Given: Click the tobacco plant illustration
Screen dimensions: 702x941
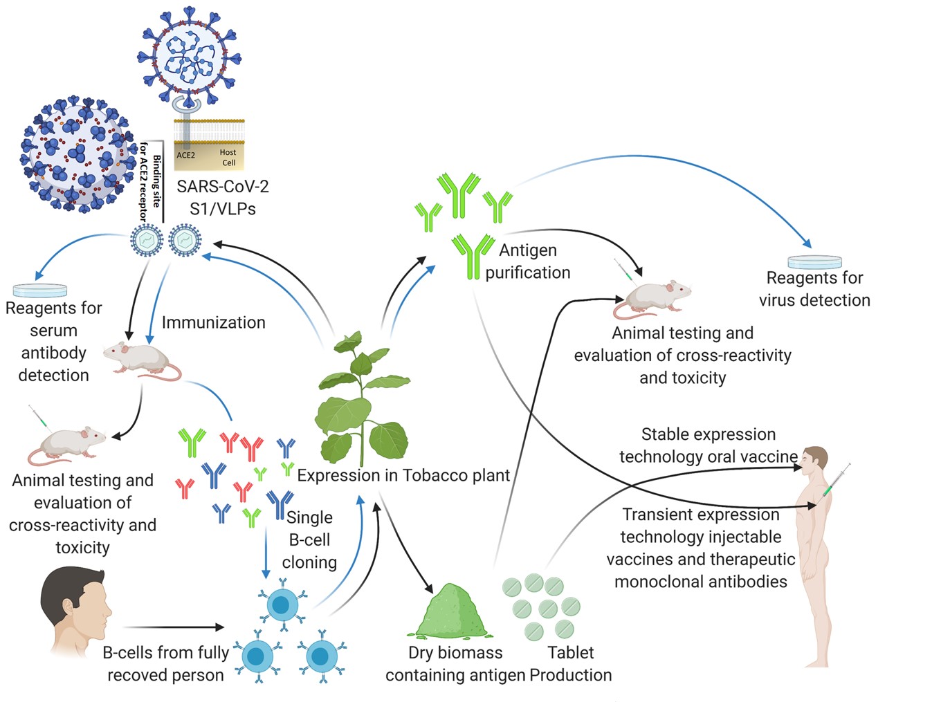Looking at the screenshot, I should (x=362, y=401).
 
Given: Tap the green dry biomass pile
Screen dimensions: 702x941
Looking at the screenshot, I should (x=450, y=613).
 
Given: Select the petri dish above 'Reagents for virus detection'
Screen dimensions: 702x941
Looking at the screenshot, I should (x=814, y=261).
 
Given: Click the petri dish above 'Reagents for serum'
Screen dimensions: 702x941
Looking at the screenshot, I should (x=40, y=290).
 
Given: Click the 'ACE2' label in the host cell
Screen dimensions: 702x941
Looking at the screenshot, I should (x=185, y=155).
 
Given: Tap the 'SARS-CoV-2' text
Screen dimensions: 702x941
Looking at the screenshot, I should (x=222, y=187).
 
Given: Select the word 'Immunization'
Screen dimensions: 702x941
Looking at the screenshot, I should (x=213, y=322).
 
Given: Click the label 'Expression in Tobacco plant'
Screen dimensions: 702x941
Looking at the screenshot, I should (x=403, y=476).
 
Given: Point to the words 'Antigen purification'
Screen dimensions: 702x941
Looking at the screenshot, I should (x=527, y=261).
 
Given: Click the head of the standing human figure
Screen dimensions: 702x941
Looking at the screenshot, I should (x=816, y=460).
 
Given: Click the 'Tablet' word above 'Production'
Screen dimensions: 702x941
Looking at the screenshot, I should (x=570, y=652).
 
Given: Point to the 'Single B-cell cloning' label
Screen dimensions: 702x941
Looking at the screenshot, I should (x=309, y=539).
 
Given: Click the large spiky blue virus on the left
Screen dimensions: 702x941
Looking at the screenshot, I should (x=77, y=154).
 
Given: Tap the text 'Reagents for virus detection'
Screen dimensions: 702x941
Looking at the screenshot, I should (x=814, y=289).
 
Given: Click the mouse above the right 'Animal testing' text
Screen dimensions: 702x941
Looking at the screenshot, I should (x=654, y=299).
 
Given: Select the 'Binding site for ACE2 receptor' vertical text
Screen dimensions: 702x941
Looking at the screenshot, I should (x=150, y=181).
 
